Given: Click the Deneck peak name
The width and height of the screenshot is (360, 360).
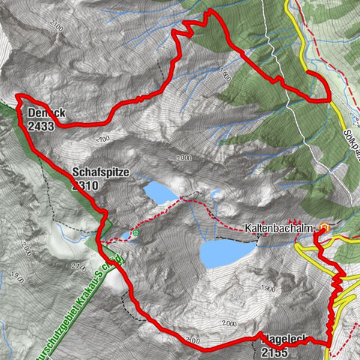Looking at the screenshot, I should pos(46,113).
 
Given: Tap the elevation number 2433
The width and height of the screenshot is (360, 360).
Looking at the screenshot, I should pos(41,127).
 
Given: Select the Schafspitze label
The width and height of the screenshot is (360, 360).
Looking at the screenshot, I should pos(101,172).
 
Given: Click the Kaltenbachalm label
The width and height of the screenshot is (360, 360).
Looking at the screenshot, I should pos(277,227).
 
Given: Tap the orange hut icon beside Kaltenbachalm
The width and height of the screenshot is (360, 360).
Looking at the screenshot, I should pos(324,227).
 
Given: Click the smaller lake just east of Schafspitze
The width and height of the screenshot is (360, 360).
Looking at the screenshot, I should pos(159,193).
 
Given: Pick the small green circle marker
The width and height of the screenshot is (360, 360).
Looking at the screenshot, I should pos(136,234).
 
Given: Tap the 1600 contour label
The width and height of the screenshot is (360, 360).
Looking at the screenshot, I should pos(225,75).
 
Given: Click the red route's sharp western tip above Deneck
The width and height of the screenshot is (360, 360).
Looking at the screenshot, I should pos(16,97).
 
